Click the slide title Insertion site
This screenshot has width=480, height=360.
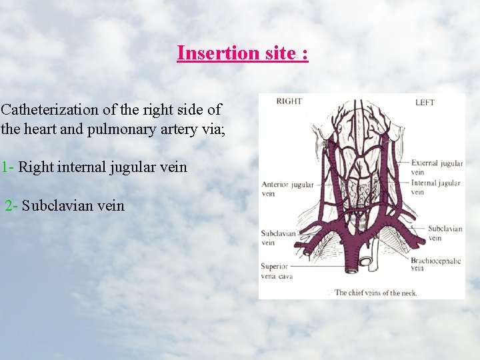tap(243, 53)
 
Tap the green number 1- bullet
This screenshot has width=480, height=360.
tap(7, 167)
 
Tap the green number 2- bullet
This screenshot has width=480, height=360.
tap(11, 205)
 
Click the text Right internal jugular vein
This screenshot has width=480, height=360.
tap(103, 167)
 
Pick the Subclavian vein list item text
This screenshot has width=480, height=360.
tap(73, 205)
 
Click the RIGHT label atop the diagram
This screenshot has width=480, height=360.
tap(289, 101)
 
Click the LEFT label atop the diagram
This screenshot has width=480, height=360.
tap(425, 102)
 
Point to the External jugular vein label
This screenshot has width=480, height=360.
tap(437, 167)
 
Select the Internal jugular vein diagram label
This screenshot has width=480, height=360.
tap(435, 187)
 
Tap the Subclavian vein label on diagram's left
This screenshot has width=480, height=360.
tap(277, 238)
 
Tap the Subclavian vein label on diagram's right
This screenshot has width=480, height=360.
tap(445, 233)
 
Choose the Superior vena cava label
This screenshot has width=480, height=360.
tap(276, 271)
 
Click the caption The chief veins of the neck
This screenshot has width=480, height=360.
tap(375, 292)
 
